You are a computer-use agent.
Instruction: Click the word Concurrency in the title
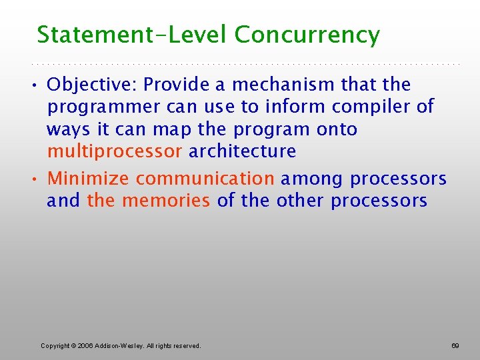[307, 35]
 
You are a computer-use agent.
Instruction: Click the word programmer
[103, 107]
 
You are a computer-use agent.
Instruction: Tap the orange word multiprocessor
[114, 151]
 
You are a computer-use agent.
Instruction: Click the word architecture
[242, 151]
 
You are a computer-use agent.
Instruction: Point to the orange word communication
[205, 179]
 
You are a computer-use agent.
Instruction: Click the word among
[312, 179]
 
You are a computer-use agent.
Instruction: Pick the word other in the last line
[299, 201]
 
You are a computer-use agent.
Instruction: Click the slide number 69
[455, 346]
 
